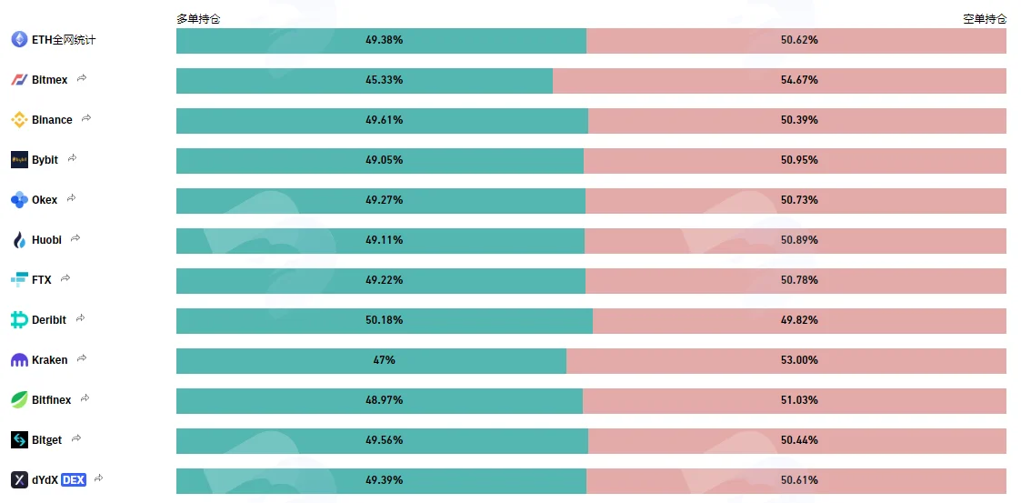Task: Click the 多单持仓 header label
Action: point(198,19)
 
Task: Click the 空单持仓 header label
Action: point(985,19)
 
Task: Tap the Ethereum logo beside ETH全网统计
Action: point(19,40)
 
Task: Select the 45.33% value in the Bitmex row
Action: point(385,80)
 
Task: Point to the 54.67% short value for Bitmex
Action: point(799,80)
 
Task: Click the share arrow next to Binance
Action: point(86,118)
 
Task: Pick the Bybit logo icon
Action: point(19,159)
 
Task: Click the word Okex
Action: point(45,200)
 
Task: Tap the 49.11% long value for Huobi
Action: point(385,240)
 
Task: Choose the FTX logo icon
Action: point(19,279)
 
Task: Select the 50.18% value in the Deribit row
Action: point(385,320)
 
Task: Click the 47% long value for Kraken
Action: point(385,359)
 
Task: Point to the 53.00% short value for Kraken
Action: point(799,359)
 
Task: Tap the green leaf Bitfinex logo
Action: point(19,399)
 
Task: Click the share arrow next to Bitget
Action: point(76,438)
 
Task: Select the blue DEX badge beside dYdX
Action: point(74,480)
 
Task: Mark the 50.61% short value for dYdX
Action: point(799,480)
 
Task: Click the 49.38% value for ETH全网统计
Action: point(385,40)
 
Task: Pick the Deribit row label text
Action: point(49,320)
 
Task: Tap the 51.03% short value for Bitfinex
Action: point(799,400)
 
